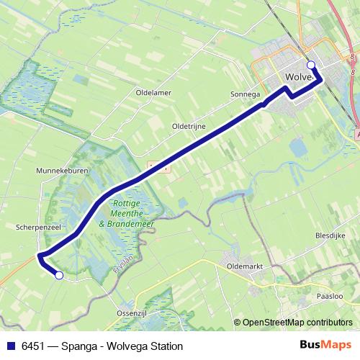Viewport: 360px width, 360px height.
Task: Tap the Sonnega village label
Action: click(x=246, y=94)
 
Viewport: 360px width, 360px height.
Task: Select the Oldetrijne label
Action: click(x=189, y=126)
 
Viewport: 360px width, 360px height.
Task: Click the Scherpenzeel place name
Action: click(x=37, y=226)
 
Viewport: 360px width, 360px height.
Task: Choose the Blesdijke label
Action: click(x=331, y=235)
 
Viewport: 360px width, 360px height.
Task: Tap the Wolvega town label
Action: click(x=299, y=76)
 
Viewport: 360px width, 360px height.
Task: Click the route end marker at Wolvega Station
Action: click(x=311, y=65)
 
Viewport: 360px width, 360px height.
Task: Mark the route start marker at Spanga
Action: click(x=59, y=275)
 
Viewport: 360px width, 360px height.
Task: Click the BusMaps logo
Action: click(x=325, y=346)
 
